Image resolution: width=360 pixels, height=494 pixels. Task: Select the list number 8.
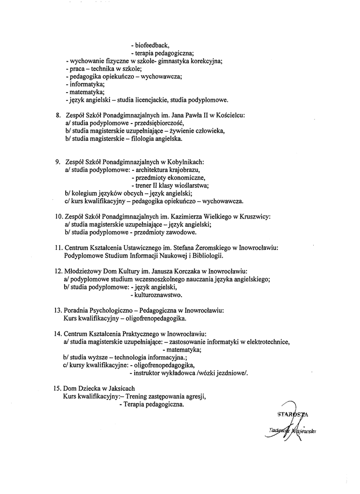pos(57,116)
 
